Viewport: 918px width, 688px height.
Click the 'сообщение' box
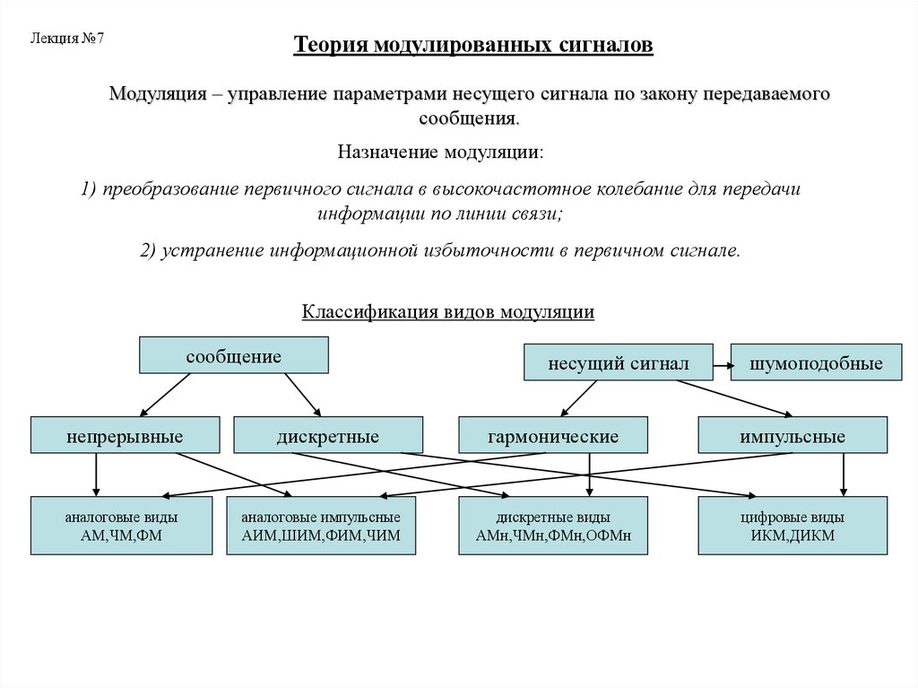click(233, 355)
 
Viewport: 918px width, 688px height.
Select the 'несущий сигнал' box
click(619, 363)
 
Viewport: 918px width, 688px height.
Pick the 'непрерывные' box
click(125, 436)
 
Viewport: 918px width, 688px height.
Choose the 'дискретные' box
click(327, 436)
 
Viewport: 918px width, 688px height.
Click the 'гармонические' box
click(553, 436)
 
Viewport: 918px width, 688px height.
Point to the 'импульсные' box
click(792, 436)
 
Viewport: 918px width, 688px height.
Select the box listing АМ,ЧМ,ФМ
click(121, 527)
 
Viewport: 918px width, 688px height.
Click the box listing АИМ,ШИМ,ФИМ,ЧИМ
click(321, 527)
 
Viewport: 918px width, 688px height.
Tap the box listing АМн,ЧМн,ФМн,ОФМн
click(553, 527)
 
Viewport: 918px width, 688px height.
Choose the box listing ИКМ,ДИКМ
click(792, 527)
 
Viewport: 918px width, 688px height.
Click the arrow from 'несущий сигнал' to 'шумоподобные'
click(723, 364)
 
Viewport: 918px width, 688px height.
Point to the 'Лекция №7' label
click(68, 39)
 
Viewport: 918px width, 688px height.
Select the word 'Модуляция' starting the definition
click(153, 94)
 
